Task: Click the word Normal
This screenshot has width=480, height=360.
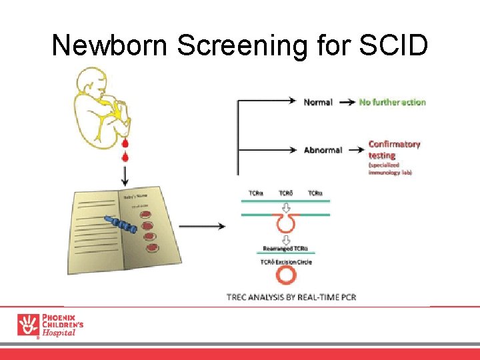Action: [318, 102]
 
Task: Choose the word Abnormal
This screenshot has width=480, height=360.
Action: [323, 150]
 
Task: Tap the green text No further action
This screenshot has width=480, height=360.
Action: [392, 102]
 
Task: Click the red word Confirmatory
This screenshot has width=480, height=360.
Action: [394, 144]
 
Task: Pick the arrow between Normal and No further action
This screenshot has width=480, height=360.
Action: [347, 102]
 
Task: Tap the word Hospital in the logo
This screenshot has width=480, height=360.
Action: [59, 333]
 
